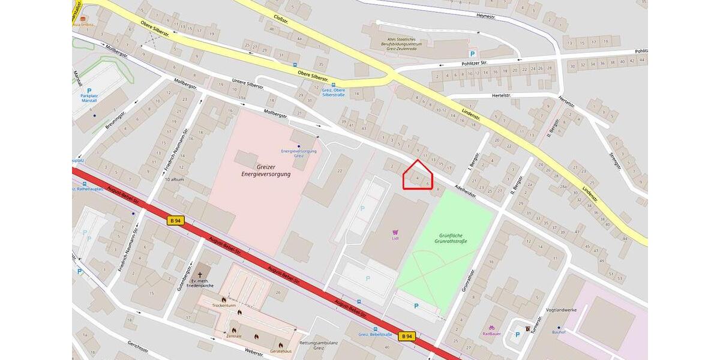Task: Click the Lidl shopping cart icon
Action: point(395,232)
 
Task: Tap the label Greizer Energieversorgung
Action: point(265,170)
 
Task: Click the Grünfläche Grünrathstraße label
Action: point(451,238)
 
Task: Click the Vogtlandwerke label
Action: point(562,310)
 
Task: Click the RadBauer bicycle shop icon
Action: point(491,328)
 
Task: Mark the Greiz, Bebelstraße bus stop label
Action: point(375,334)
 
